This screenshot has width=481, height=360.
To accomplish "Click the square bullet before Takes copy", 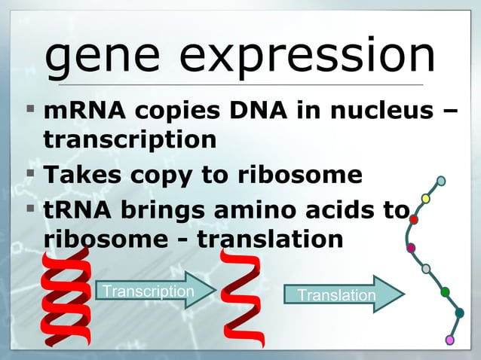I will point(30,174).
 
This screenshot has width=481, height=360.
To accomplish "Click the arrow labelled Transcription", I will point(155,291).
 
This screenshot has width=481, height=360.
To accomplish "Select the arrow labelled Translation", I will point(343,294).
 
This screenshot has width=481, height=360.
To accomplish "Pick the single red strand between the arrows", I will point(242,298).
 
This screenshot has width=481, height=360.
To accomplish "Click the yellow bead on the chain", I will point(425,199).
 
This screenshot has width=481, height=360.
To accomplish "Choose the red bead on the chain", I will point(414,219).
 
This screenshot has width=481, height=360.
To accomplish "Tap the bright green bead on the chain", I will point(445,291).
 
